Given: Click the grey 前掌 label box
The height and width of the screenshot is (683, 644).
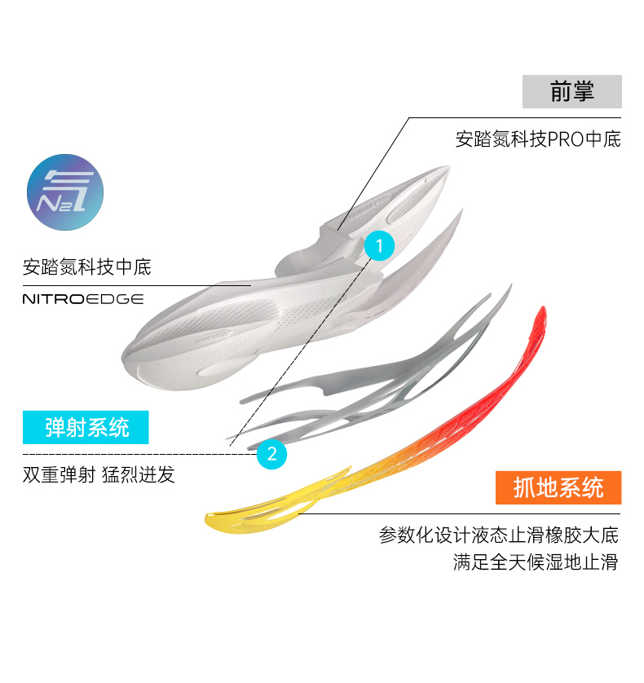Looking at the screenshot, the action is click(x=571, y=91).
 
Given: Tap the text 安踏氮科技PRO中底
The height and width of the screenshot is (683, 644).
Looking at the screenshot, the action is click(x=538, y=139).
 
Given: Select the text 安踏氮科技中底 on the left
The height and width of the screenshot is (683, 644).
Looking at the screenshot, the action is click(x=87, y=267).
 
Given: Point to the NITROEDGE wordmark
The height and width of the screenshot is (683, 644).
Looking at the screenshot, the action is click(x=83, y=299).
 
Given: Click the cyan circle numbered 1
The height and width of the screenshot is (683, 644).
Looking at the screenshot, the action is click(x=379, y=245).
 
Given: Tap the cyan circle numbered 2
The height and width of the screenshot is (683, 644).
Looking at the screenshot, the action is click(x=271, y=454).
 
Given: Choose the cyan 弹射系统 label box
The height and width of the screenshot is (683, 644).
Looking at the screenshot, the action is click(x=87, y=426).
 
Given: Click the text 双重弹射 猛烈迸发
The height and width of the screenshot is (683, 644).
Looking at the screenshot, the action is click(x=99, y=474).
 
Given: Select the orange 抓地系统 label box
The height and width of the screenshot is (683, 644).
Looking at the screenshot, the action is click(x=558, y=487).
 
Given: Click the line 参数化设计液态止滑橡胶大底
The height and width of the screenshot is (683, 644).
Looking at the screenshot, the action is click(x=499, y=535).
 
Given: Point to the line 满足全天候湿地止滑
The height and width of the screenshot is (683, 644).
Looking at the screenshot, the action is click(x=536, y=562).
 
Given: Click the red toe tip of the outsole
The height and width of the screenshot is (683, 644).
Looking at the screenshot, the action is click(x=539, y=318).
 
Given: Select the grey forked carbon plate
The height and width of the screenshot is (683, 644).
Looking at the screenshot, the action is click(x=383, y=375).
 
